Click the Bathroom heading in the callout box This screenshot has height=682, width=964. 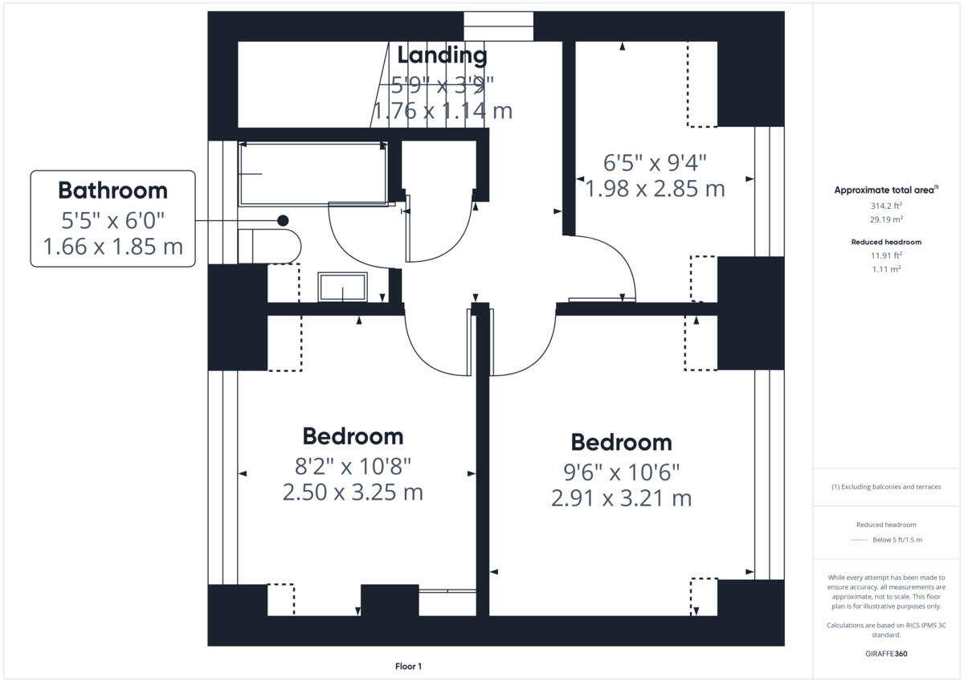[x=112, y=191]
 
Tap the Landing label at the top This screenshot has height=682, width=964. [x=442, y=55]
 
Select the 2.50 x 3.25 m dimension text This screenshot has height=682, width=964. [x=353, y=492]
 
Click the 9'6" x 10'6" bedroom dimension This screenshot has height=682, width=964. [x=621, y=471]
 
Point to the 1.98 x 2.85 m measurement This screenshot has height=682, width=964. [x=655, y=189]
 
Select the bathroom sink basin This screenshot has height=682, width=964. [x=343, y=287]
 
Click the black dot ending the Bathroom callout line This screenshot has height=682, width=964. [x=283, y=220]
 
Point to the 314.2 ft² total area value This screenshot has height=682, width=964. [x=886, y=206]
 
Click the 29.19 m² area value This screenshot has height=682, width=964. [x=886, y=218]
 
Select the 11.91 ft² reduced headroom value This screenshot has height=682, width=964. [x=886, y=255]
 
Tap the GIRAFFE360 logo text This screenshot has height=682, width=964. [x=886, y=654]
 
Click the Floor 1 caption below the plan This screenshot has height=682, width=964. [x=408, y=666]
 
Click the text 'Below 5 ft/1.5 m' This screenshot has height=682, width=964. [x=897, y=540]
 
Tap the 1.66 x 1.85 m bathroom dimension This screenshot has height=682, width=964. [x=112, y=246]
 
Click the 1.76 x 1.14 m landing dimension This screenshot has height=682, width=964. [x=442, y=110]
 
